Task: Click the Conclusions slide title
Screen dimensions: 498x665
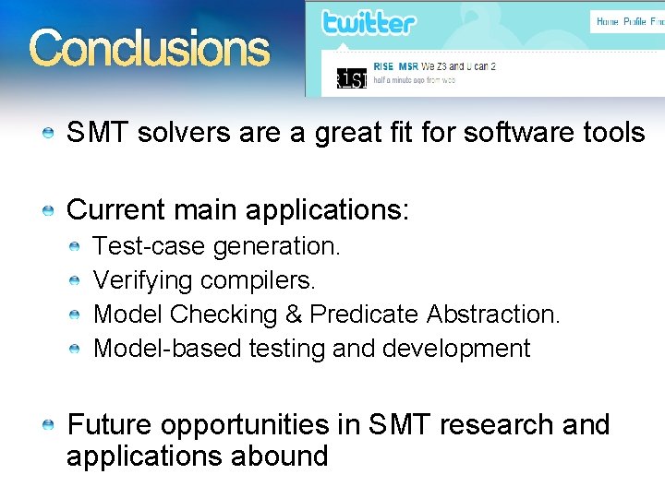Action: (x=149, y=48)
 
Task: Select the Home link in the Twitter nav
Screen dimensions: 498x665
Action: (x=608, y=21)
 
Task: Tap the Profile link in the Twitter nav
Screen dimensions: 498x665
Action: (x=635, y=21)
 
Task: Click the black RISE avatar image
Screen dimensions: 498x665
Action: (x=350, y=79)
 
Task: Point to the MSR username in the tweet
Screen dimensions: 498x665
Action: (x=408, y=66)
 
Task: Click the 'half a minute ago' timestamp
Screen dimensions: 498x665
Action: (x=406, y=80)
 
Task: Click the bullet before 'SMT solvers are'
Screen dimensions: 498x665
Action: (x=48, y=134)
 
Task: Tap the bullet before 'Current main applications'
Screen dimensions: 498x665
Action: (x=48, y=211)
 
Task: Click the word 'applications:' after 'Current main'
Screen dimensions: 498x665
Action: (x=327, y=209)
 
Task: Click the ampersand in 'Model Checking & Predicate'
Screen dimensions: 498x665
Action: (x=294, y=314)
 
